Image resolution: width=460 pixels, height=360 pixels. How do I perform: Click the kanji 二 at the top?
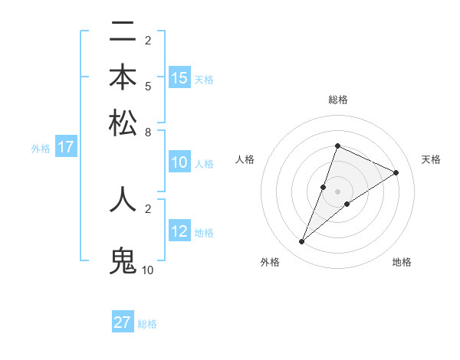click(x=123, y=32)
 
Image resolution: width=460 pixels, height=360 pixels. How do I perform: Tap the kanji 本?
click(x=123, y=77)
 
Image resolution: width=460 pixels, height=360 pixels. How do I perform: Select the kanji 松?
click(x=123, y=123)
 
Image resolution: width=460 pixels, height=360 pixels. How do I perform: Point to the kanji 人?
click(x=123, y=199)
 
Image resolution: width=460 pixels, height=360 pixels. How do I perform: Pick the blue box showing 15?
click(x=179, y=78)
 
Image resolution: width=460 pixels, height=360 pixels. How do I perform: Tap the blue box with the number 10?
click(x=179, y=162)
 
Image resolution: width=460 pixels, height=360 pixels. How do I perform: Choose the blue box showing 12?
click(x=179, y=231)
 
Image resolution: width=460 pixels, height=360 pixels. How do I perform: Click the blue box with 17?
click(x=65, y=148)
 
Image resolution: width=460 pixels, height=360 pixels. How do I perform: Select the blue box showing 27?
click(x=123, y=322)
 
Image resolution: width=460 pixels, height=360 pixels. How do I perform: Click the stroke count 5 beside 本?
click(x=147, y=85)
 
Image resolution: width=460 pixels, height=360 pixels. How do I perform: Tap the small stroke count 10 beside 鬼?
click(x=148, y=270)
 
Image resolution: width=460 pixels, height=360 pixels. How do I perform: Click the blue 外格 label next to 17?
click(x=41, y=149)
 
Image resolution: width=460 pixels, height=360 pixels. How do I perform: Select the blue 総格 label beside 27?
click(x=147, y=324)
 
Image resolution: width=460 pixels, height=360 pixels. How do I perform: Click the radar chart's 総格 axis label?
click(x=337, y=100)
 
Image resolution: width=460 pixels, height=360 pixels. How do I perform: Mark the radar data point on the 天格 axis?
click(x=396, y=173)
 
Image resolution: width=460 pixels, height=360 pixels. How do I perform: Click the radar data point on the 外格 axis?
click(x=302, y=242)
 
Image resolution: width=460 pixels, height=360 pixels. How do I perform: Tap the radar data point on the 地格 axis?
click(x=347, y=204)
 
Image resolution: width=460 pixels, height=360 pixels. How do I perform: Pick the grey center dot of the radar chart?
click(x=337, y=191)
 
